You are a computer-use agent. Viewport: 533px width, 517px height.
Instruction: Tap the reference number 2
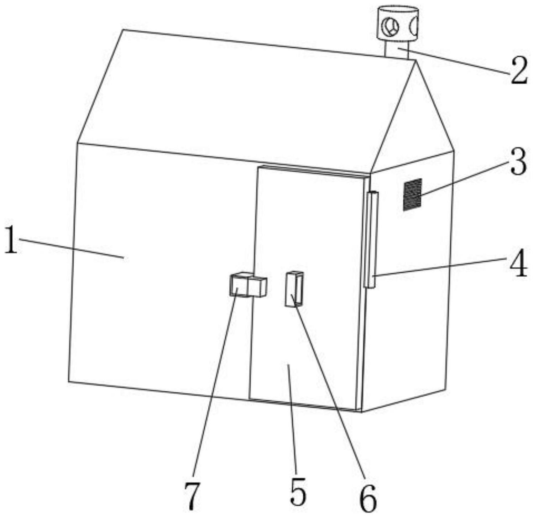(518, 71)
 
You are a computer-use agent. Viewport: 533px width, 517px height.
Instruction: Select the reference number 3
(518, 162)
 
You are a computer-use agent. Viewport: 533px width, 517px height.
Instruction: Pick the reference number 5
(298, 491)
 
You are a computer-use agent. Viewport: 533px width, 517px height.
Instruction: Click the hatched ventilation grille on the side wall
(412, 194)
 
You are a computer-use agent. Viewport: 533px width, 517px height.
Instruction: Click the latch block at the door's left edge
(247, 285)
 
